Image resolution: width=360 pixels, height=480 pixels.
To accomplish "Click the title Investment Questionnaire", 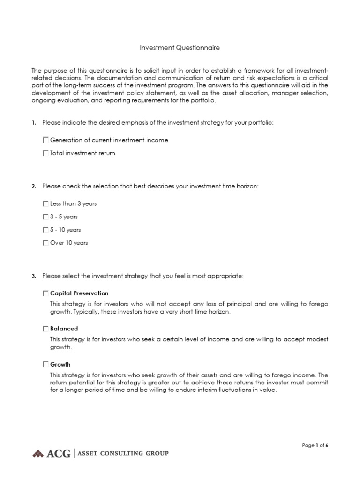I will (x=180, y=48).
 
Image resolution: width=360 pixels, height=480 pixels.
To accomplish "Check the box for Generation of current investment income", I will (x=45, y=140).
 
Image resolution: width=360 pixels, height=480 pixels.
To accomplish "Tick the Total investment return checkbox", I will (x=45, y=153).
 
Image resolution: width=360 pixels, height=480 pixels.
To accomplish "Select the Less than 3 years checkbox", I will (x=45, y=204).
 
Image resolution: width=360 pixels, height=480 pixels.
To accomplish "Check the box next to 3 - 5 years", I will (x=45, y=217).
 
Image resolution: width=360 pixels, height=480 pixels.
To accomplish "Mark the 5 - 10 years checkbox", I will (x=45, y=230).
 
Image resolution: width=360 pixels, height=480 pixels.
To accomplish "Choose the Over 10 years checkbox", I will (x=45, y=243).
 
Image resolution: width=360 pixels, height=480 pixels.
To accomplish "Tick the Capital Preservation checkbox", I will (x=45, y=293).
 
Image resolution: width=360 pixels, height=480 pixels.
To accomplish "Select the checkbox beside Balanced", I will (x=45, y=329).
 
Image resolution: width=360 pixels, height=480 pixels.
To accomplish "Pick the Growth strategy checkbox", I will (x=45, y=364).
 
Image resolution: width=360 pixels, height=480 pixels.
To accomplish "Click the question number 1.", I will (x=34, y=123).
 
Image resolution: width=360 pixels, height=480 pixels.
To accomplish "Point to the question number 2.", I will (x=34, y=187).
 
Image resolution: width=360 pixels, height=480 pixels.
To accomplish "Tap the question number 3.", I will (x=34, y=276).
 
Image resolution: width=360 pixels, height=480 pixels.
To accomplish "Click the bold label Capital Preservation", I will (x=79, y=293).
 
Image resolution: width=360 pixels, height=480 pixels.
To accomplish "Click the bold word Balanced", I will (x=64, y=329).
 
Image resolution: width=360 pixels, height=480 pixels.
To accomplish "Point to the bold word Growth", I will (x=60, y=364).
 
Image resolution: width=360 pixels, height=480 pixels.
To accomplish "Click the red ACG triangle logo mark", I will (x=38, y=453).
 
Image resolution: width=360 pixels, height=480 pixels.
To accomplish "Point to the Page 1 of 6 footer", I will (x=315, y=446).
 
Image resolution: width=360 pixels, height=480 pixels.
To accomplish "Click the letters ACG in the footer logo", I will (x=58, y=453).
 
